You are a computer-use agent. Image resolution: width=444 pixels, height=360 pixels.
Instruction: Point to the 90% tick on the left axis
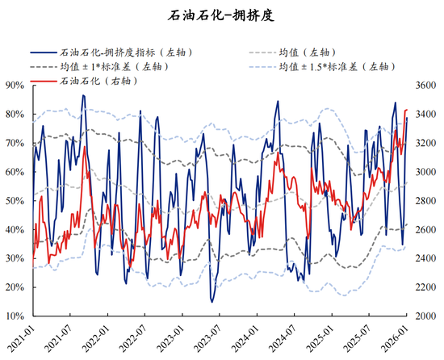click(14, 85)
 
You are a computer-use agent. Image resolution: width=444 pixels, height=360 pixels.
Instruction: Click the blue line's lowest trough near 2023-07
click(212, 302)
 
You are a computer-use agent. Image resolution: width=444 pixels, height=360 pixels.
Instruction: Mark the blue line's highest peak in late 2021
click(82, 95)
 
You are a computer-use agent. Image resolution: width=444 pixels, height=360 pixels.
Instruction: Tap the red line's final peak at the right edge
click(406, 110)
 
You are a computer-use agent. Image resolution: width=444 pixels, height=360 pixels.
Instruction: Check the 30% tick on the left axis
click(14, 258)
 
